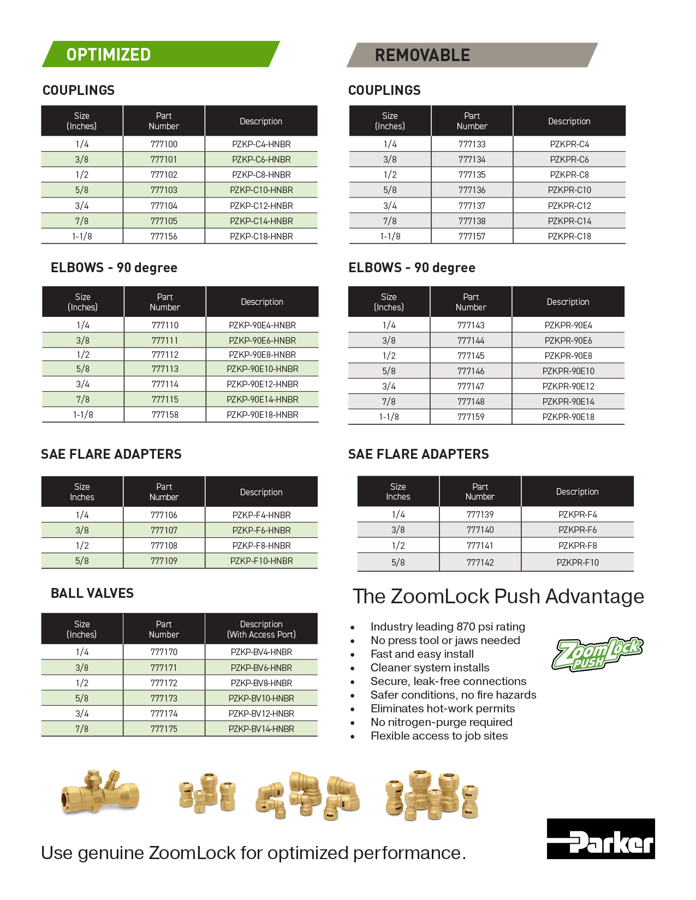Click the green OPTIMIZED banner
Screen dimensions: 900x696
(161, 54)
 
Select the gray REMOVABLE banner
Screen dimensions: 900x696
(472, 55)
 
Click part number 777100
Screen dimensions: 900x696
(164, 144)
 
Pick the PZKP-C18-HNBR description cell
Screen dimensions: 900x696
(261, 236)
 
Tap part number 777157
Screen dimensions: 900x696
(472, 236)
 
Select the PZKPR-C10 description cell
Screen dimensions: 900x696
(569, 190)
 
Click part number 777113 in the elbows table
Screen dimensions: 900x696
(165, 369)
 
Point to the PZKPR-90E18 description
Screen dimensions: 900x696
(568, 417)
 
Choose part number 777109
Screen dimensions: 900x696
(164, 561)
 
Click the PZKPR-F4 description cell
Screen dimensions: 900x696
(578, 514)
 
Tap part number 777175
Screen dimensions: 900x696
(164, 729)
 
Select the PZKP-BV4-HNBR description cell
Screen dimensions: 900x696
(261, 652)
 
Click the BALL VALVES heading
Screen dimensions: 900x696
(92, 593)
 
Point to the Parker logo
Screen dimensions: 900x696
(600, 839)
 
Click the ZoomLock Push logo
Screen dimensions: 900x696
(597, 653)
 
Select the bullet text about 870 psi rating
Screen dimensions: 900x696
(448, 627)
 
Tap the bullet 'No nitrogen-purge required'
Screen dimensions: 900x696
(441, 722)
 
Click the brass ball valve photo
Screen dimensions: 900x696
(100, 793)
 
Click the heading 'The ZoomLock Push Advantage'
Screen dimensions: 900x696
(498, 596)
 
